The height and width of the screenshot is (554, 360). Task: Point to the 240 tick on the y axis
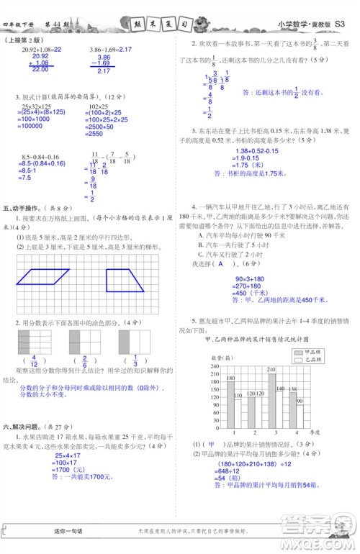pos(214,366)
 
